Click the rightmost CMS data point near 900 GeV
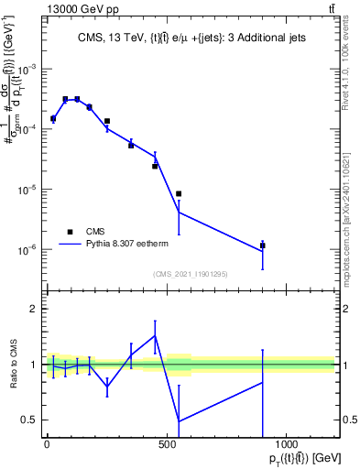point(263,245)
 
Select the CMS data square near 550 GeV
point(179,193)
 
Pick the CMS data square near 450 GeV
point(155,166)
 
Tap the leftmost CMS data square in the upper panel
point(53,118)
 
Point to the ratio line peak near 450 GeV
point(155,335)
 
